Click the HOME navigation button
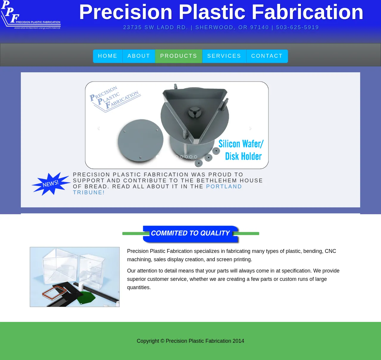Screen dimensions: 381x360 click(x=107, y=56)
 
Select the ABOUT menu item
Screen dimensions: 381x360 click(x=139, y=56)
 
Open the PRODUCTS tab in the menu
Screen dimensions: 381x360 click(x=179, y=56)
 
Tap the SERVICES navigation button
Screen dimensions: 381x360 click(x=224, y=56)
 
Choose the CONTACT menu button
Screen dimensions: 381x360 click(x=267, y=56)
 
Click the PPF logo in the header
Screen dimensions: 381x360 click(x=31, y=15)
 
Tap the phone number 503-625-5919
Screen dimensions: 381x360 click(x=297, y=27)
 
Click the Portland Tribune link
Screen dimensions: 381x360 click(x=157, y=190)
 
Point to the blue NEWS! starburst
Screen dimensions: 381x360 click(x=51, y=184)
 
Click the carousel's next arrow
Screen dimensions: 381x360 click(x=250, y=128)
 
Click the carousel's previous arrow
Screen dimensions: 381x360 click(x=99, y=128)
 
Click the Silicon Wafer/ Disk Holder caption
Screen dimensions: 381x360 click(x=241, y=150)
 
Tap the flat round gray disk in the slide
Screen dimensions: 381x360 click(x=141, y=140)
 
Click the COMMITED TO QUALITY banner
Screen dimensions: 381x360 click(x=191, y=234)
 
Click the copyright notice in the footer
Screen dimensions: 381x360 click(x=190, y=341)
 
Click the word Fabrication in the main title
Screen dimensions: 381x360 click(x=307, y=12)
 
